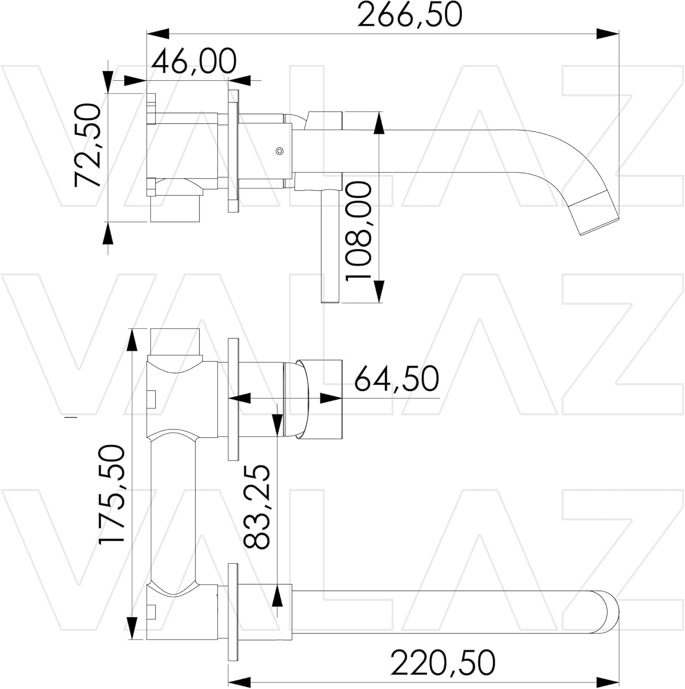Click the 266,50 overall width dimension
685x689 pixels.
pyautogui.click(x=409, y=15)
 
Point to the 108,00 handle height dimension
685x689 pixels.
pyautogui.click(x=358, y=231)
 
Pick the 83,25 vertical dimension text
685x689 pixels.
pyautogui.click(x=256, y=507)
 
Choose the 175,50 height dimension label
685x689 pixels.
pyautogui.click(x=112, y=494)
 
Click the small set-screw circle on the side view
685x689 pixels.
pyautogui.click(x=279, y=151)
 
